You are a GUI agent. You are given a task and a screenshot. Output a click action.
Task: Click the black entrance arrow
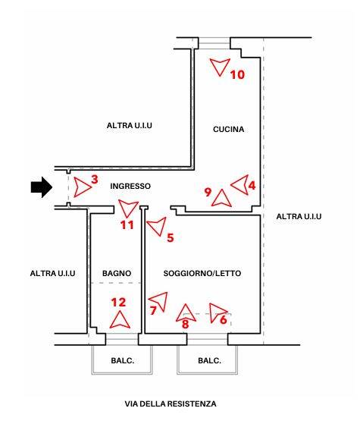(42, 187)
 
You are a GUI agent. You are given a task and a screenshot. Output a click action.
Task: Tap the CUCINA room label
(228, 129)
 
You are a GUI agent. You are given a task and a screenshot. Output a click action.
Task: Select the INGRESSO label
(130, 186)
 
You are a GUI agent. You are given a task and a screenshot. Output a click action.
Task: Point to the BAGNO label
(117, 273)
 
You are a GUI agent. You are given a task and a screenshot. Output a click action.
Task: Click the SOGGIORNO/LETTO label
(202, 273)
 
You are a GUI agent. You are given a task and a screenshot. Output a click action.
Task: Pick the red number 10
(237, 74)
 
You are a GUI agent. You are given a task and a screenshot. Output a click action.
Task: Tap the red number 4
(252, 186)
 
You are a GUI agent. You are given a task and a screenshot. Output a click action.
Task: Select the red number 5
(171, 238)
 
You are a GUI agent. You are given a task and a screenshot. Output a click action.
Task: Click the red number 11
(127, 225)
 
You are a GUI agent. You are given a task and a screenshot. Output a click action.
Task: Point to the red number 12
(118, 303)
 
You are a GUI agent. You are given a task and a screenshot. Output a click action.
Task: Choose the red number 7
(153, 310)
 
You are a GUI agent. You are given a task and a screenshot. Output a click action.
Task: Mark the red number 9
(208, 192)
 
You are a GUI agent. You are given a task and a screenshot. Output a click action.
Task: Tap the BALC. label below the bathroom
(123, 360)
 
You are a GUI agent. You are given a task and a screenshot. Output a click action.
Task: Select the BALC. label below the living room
(209, 360)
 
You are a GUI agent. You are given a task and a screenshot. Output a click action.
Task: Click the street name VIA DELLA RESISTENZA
(171, 404)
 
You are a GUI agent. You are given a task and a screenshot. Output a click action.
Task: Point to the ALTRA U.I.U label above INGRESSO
(129, 125)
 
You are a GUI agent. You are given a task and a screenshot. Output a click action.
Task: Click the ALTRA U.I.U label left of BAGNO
(52, 273)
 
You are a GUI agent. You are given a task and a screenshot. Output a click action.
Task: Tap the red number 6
(224, 320)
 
